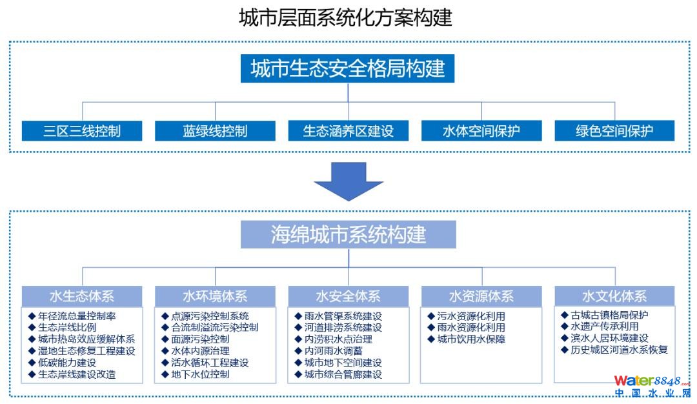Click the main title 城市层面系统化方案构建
[345, 17]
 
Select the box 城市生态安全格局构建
[348, 68]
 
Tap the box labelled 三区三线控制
[82, 131]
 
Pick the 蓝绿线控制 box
[215, 131]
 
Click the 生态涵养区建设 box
[348, 131]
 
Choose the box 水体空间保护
[481, 131]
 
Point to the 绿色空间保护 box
[614, 131]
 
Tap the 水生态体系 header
[82, 296]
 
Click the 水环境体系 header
[215, 296]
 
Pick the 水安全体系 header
[348, 296]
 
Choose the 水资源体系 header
[481, 296]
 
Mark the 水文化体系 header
[614, 296]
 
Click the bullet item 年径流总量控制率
[77, 316]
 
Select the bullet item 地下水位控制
[200, 374]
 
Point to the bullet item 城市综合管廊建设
[343, 374]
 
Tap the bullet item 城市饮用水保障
[471, 339]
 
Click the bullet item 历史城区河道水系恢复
[619, 350]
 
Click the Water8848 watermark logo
[652, 386]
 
